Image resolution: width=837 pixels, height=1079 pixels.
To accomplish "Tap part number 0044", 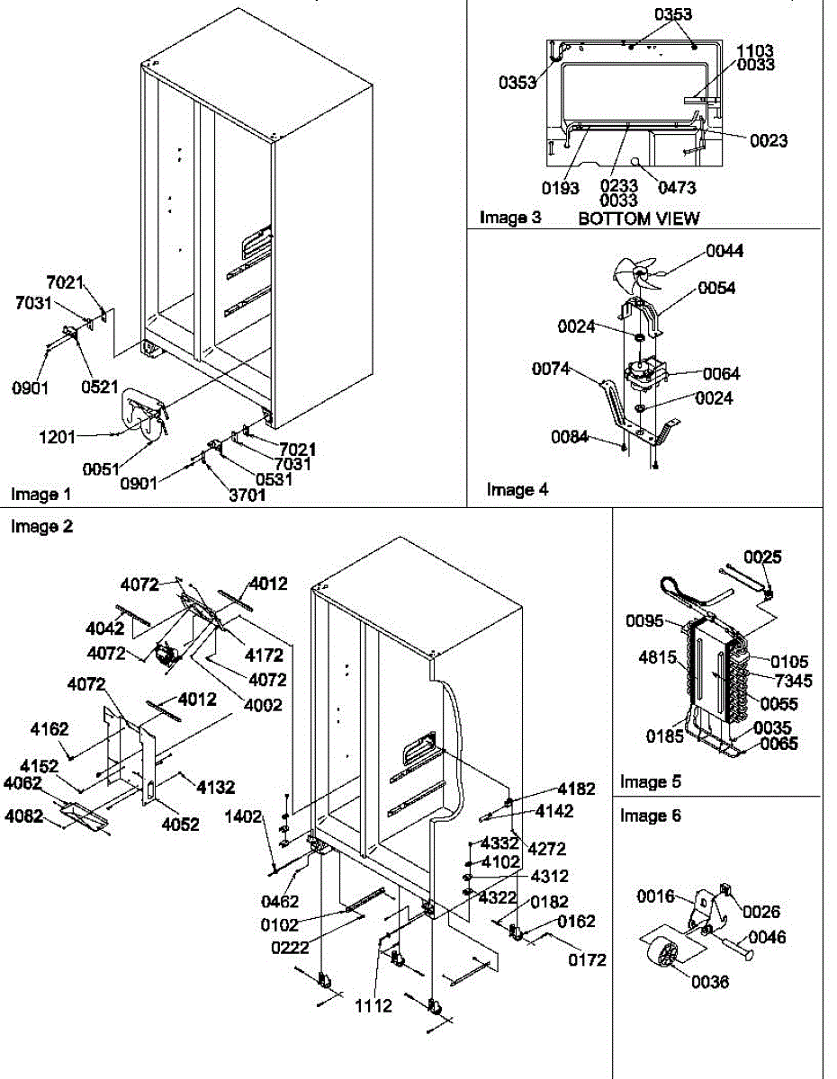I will pos(724,251).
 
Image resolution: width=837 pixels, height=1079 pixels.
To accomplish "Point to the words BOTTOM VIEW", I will pos(638,218).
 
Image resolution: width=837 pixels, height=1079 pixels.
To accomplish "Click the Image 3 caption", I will pos(510,218).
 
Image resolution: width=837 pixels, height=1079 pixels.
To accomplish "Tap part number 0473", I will pos(677,188).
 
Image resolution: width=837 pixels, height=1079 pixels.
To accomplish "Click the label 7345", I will pos(794,681).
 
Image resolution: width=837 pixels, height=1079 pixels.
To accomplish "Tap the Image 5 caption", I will pos(651,781).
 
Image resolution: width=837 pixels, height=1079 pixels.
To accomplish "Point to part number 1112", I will pos(373,1005).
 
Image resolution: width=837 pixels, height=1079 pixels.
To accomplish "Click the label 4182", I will pos(575,789).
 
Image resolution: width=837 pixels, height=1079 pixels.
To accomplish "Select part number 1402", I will pos(243,817).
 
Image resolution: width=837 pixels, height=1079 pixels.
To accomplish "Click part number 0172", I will pos(587,960).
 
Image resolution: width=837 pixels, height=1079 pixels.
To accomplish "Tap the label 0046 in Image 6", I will pos(767,938).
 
